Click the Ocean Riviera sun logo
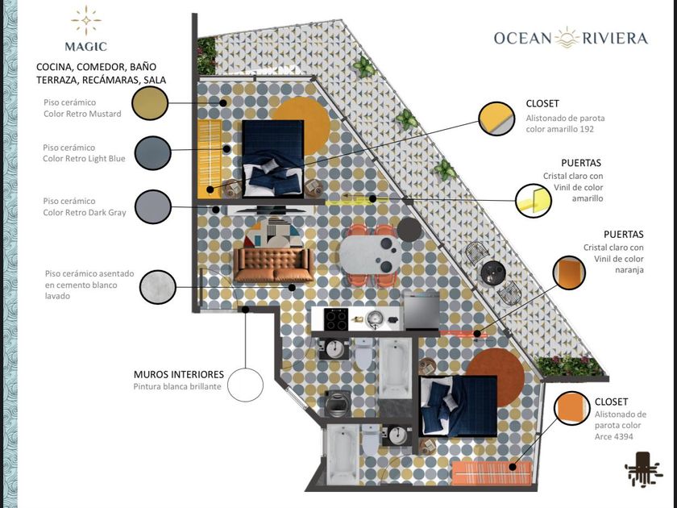coord(567,38)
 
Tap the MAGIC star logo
coord(86,20)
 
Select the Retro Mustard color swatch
coord(150,103)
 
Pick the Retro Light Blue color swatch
coord(153,153)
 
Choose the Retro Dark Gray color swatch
coord(153,207)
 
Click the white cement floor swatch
coord(158,287)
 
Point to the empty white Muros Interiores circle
coord(245,385)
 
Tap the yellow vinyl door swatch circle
coord(534,201)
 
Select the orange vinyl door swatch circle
coord(569,273)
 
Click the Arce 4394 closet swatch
coord(572,408)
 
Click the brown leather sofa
coord(273,264)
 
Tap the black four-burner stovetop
coord(336,319)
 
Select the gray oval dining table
coord(371,255)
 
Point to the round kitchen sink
coord(374,319)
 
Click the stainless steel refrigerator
coord(422,310)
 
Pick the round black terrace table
coord(493,273)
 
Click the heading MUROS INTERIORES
coord(179,374)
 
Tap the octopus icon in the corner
coord(643,468)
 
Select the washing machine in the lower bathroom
coord(337,403)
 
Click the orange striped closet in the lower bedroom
coord(492,474)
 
